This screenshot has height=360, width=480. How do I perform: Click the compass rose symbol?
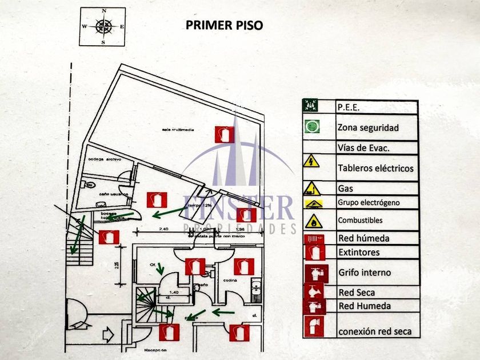click(x=103, y=26)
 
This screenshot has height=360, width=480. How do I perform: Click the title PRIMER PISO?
click(x=225, y=26)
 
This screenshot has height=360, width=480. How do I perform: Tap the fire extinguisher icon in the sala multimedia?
click(x=224, y=134)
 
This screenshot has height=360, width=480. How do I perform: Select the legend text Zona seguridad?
click(x=368, y=127)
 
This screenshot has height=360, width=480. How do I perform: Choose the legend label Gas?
click(x=345, y=188)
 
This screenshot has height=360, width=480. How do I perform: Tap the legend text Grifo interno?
click(x=365, y=273)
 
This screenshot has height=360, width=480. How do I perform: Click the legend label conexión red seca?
click(x=375, y=331)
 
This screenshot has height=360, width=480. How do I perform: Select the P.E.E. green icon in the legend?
click(x=311, y=106)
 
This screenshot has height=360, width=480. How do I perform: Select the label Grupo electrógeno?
click(x=369, y=202)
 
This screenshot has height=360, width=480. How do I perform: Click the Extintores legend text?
click(x=358, y=252)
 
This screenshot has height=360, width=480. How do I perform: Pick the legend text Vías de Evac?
click(x=363, y=148)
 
